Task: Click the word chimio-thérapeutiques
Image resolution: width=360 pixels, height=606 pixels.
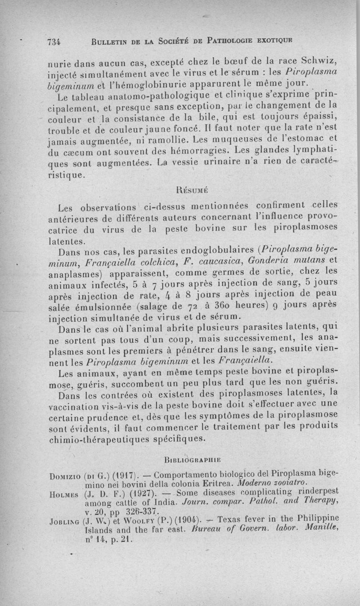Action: [x=117, y=438]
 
